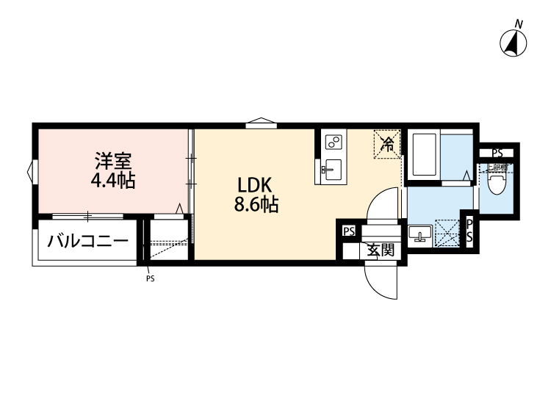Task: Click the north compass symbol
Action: pos(515,43)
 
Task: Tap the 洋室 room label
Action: pos(112,159)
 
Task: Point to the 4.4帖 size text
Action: pos(112,180)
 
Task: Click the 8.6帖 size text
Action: pos(256,205)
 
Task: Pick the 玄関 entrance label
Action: pos(381,249)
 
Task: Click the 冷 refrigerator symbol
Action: pos(387,143)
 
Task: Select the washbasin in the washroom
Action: pos(421,234)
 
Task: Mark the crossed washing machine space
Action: pos(446,234)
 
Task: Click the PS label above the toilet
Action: pos(497,154)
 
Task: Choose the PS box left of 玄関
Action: pos(348,231)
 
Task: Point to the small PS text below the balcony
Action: pos(150,278)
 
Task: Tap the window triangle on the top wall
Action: pos(261,122)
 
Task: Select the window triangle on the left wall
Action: pos(31,173)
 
